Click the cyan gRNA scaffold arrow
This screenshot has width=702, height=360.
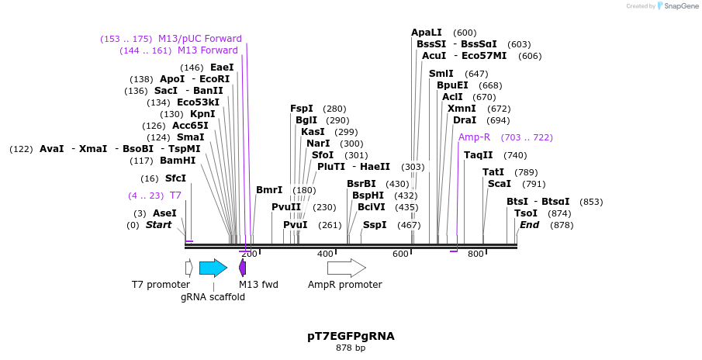tap(213, 268)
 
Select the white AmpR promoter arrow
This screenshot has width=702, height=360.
tap(346, 268)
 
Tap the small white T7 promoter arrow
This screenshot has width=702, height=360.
tap(188, 268)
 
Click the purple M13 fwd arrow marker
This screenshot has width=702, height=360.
tap(242, 268)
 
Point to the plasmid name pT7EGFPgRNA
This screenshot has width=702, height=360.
tap(351, 336)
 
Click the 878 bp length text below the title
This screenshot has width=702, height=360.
tap(351, 348)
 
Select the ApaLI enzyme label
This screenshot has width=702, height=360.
tap(426, 33)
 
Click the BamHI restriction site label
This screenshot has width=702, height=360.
tap(178, 161)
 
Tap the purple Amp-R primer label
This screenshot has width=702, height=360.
tap(474, 137)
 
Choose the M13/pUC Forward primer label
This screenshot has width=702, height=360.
tap(200, 39)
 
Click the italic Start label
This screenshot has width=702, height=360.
tap(158, 225)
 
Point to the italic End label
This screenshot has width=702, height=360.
tap(529, 225)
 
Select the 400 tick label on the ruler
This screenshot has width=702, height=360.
tap(325, 254)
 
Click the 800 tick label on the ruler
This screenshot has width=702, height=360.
tap(475, 254)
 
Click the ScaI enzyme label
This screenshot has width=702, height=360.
tap(500, 184)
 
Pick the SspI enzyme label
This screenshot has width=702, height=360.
tap(375, 225)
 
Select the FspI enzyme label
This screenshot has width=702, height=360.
tap(302, 109)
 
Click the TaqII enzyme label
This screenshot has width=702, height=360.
tap(478, 155)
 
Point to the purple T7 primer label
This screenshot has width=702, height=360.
tap(175, 196)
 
